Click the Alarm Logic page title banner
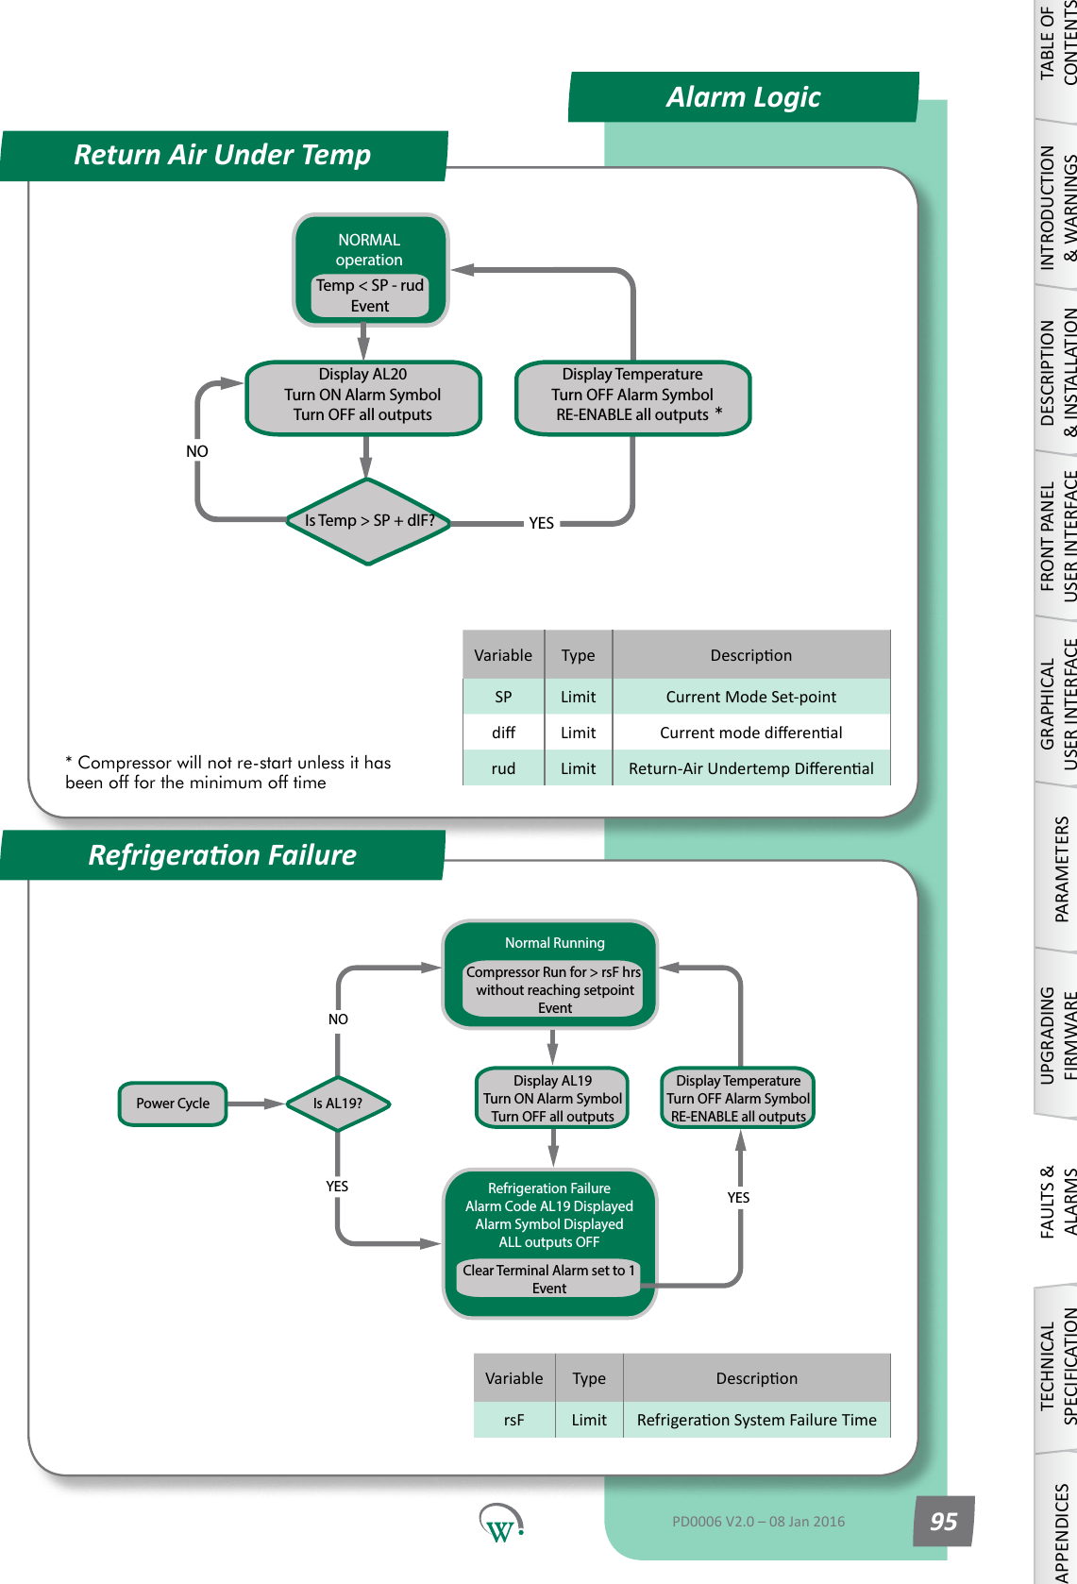(744, 97)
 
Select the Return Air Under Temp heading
(223, 155)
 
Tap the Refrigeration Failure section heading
(223, 855)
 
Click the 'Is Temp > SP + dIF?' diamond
(368, 521)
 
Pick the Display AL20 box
(363, 396)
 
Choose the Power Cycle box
(173, 1104)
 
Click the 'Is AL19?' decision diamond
(338, 1104)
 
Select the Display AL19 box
(552, 1098)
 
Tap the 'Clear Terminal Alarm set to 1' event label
(548, 1279)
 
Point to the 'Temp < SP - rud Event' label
(370, 295)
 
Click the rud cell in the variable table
(503, 768)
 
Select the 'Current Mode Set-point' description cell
(751, 697)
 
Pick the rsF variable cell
(513, 1420)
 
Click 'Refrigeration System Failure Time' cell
(756, 1420)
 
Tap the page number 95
(943, 1522)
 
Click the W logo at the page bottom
(500, 1524)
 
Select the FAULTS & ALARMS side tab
(1057, 1201)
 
